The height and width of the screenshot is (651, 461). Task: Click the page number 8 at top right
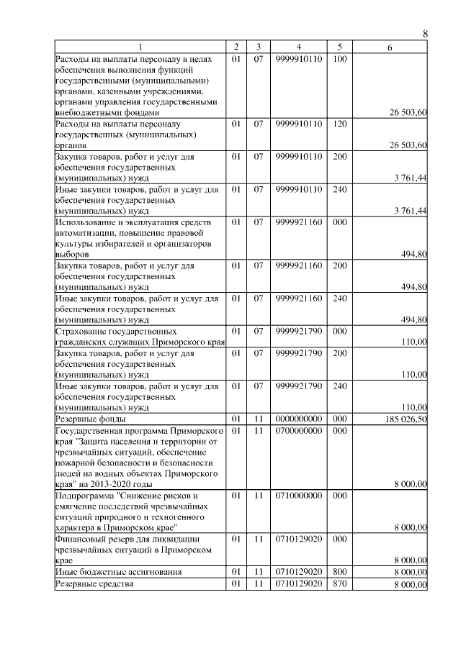coord(425,33)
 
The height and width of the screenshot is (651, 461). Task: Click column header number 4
coord(298,47)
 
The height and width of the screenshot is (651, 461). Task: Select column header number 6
coord(390,47)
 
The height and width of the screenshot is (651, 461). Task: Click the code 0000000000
coord(298,418)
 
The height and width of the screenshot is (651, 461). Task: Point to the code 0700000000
coord(298,429)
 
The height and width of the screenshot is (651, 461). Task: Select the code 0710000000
coord(298,496)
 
